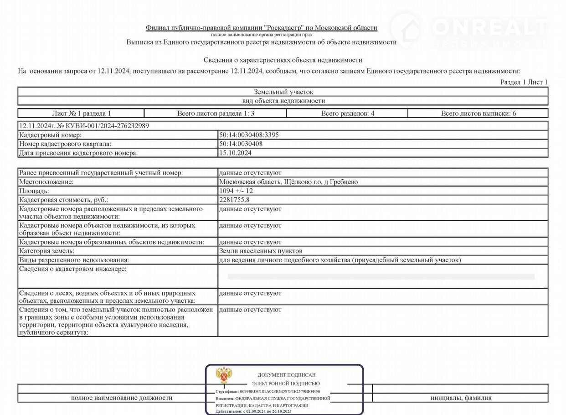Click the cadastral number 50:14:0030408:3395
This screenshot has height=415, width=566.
249,135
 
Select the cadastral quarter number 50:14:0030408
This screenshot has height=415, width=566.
241,144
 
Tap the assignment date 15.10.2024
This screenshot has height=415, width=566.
235,153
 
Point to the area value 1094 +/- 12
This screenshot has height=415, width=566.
236,191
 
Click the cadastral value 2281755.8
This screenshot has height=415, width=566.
234,200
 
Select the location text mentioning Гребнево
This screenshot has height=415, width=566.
288,182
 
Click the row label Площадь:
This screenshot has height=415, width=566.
34,191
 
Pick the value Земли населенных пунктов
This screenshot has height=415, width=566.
261,251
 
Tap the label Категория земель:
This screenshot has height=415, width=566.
46,251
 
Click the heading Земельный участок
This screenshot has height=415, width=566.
283,92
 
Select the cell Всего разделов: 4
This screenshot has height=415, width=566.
347,114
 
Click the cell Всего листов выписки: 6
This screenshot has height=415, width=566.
478,114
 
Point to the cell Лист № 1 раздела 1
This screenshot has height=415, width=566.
82,114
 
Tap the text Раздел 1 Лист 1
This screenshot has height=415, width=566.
524,82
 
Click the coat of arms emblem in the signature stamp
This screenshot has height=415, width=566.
223,375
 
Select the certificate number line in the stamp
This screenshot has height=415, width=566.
268,391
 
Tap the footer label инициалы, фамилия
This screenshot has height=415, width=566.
461,398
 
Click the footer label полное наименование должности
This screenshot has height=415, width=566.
122,398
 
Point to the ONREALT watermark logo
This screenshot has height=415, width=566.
469,29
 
